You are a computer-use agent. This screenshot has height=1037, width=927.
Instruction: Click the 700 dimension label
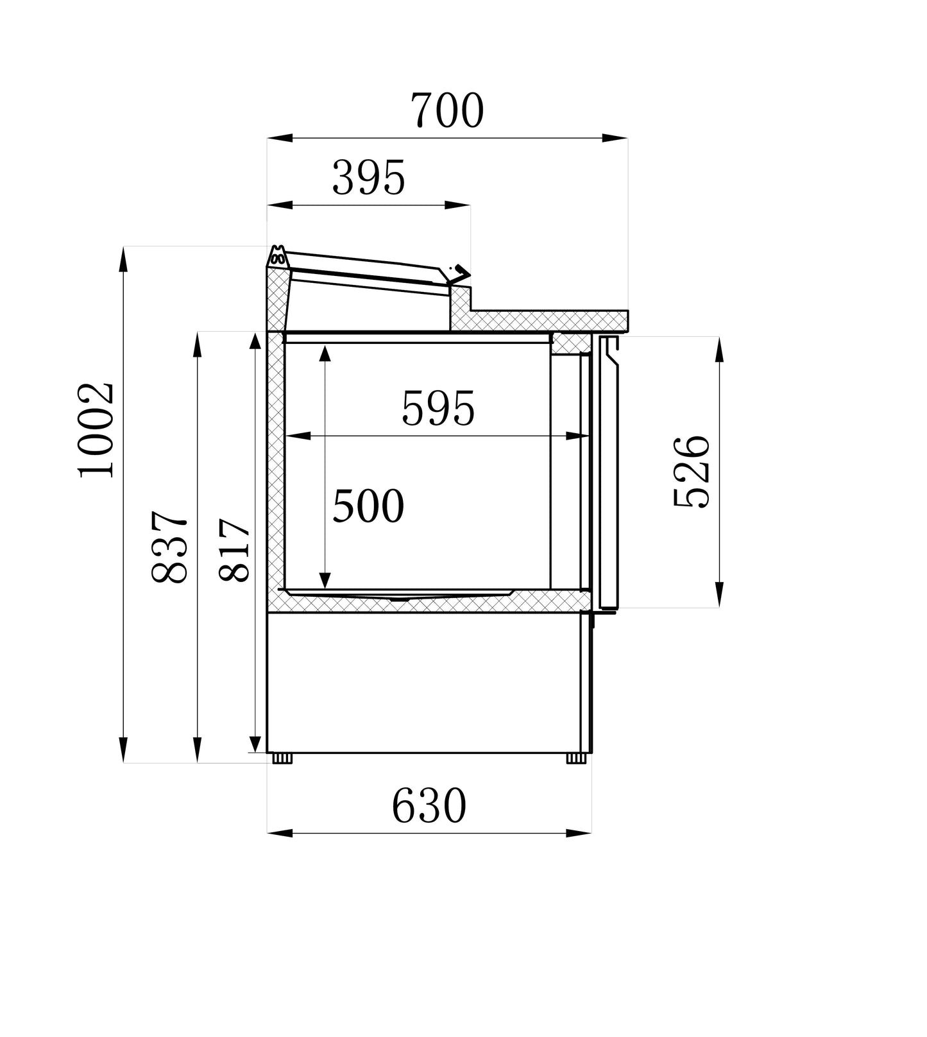(447, 110)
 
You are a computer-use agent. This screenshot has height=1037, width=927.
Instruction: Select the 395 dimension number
(369, 178)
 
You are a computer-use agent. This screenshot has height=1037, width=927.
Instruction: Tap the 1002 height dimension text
(96, 430)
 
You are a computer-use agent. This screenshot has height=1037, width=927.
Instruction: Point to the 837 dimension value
(170, 547)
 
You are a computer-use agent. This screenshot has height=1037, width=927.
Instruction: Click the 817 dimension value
(235, 550)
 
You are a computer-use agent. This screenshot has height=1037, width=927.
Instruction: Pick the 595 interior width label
(438, 409)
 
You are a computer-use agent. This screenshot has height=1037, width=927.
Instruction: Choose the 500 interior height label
(368, 506)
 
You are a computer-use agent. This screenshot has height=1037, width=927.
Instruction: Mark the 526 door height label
(692, 472)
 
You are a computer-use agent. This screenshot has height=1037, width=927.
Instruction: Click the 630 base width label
(429, 806)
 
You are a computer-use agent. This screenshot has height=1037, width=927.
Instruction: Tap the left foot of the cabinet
(282, 758)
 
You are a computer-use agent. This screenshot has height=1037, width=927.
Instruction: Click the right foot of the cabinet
(576, 758)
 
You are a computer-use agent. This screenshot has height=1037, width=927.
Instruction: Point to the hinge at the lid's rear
(278, 257)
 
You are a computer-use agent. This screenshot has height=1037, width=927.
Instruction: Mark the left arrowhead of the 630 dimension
(280, 833)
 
